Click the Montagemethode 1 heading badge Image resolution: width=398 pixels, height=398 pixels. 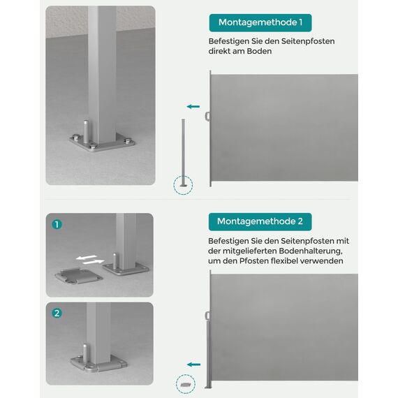[x=260, y=22]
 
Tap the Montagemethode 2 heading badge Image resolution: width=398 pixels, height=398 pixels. [x=260, y=221]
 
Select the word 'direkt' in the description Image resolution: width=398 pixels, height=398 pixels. [x=223, y=52]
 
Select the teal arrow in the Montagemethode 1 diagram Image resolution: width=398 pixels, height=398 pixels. [x=193, y=106]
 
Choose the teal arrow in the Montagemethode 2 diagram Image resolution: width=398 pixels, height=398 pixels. [x=193, y=364]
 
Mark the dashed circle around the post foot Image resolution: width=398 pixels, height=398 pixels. [x=184, y=185]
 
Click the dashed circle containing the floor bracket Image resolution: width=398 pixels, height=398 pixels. [x=186, y=383]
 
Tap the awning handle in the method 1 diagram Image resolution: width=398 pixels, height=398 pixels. [x=207, y=116]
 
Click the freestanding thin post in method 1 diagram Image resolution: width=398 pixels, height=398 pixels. [x=184, y=150]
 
